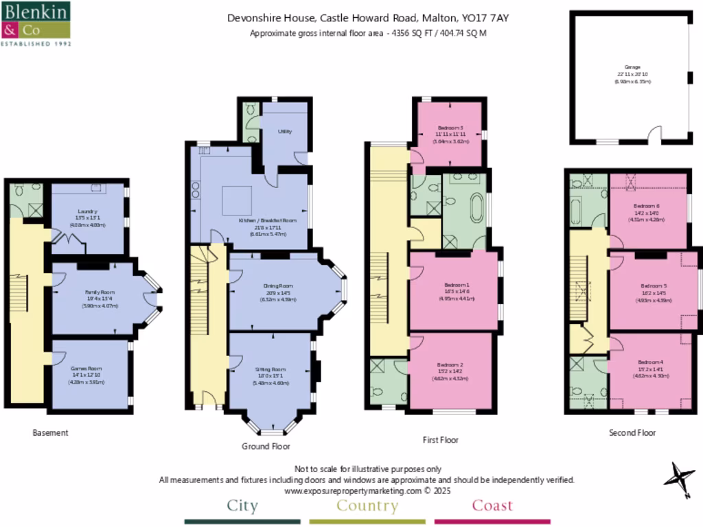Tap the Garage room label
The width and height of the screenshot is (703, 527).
632,67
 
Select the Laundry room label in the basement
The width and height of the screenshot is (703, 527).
87,211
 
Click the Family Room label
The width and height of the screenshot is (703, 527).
100,292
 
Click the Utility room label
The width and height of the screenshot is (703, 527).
286,131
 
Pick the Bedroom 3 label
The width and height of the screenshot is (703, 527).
450,128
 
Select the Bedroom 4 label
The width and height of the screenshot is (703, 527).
650,362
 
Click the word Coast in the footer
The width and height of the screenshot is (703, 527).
492,506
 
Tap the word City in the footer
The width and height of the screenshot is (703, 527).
242,506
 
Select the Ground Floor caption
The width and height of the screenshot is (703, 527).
266,446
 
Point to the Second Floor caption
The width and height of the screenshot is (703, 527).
632,433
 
